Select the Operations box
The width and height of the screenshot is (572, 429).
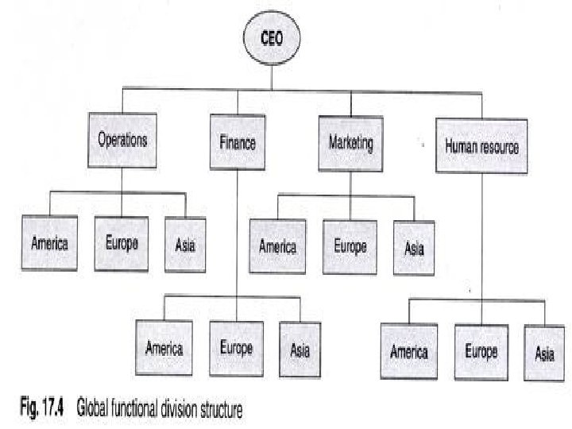122,141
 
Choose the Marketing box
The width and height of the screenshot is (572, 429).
350,144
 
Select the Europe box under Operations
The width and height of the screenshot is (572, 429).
121,242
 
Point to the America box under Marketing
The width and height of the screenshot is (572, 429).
277,246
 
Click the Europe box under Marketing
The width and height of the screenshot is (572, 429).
349,246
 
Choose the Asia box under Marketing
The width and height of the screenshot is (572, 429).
414,249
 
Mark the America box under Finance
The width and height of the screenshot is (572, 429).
164,347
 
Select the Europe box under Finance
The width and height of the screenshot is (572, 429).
236,347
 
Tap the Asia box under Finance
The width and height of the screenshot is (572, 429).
300,350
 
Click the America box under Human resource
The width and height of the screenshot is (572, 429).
409,350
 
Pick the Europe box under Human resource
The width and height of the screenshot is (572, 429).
481,350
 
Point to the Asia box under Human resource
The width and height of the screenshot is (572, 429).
543,354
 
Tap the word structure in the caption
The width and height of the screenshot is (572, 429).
214,410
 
